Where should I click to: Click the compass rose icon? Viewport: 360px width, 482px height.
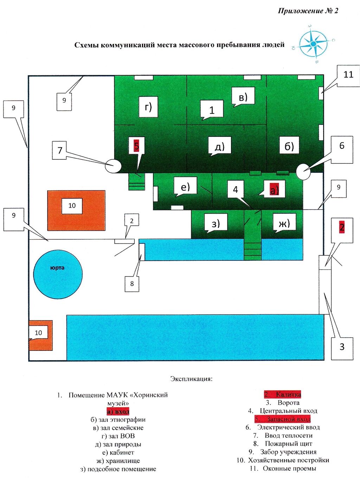pos(314,44)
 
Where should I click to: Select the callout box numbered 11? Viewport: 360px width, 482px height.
pos(348,75)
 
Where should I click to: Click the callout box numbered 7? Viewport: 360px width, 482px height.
pos(59,150)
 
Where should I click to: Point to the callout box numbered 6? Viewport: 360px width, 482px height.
pos(342,146)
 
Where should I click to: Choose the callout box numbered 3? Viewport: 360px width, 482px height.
pos(342,347)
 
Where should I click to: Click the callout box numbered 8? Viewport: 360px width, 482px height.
pos(132,284)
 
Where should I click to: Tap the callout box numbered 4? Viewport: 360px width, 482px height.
pos(236,190)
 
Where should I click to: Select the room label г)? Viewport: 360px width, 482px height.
pos(148,106)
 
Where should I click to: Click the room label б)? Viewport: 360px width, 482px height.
pos(289,146)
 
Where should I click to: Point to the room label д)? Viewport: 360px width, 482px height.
pos(220,146)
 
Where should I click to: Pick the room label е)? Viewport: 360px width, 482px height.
pos(185,186)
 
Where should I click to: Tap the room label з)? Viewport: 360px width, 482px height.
pos(216,223)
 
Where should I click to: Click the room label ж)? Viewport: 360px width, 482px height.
pos(284,223)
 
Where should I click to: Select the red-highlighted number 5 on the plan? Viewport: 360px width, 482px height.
pos(136,145)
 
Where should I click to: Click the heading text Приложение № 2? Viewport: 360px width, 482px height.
pos(308,11)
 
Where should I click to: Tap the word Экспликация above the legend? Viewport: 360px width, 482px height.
pos(191,379)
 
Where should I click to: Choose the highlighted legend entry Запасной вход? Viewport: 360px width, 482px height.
pos(283,419)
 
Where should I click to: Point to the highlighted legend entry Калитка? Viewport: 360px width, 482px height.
pos(283,394)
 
